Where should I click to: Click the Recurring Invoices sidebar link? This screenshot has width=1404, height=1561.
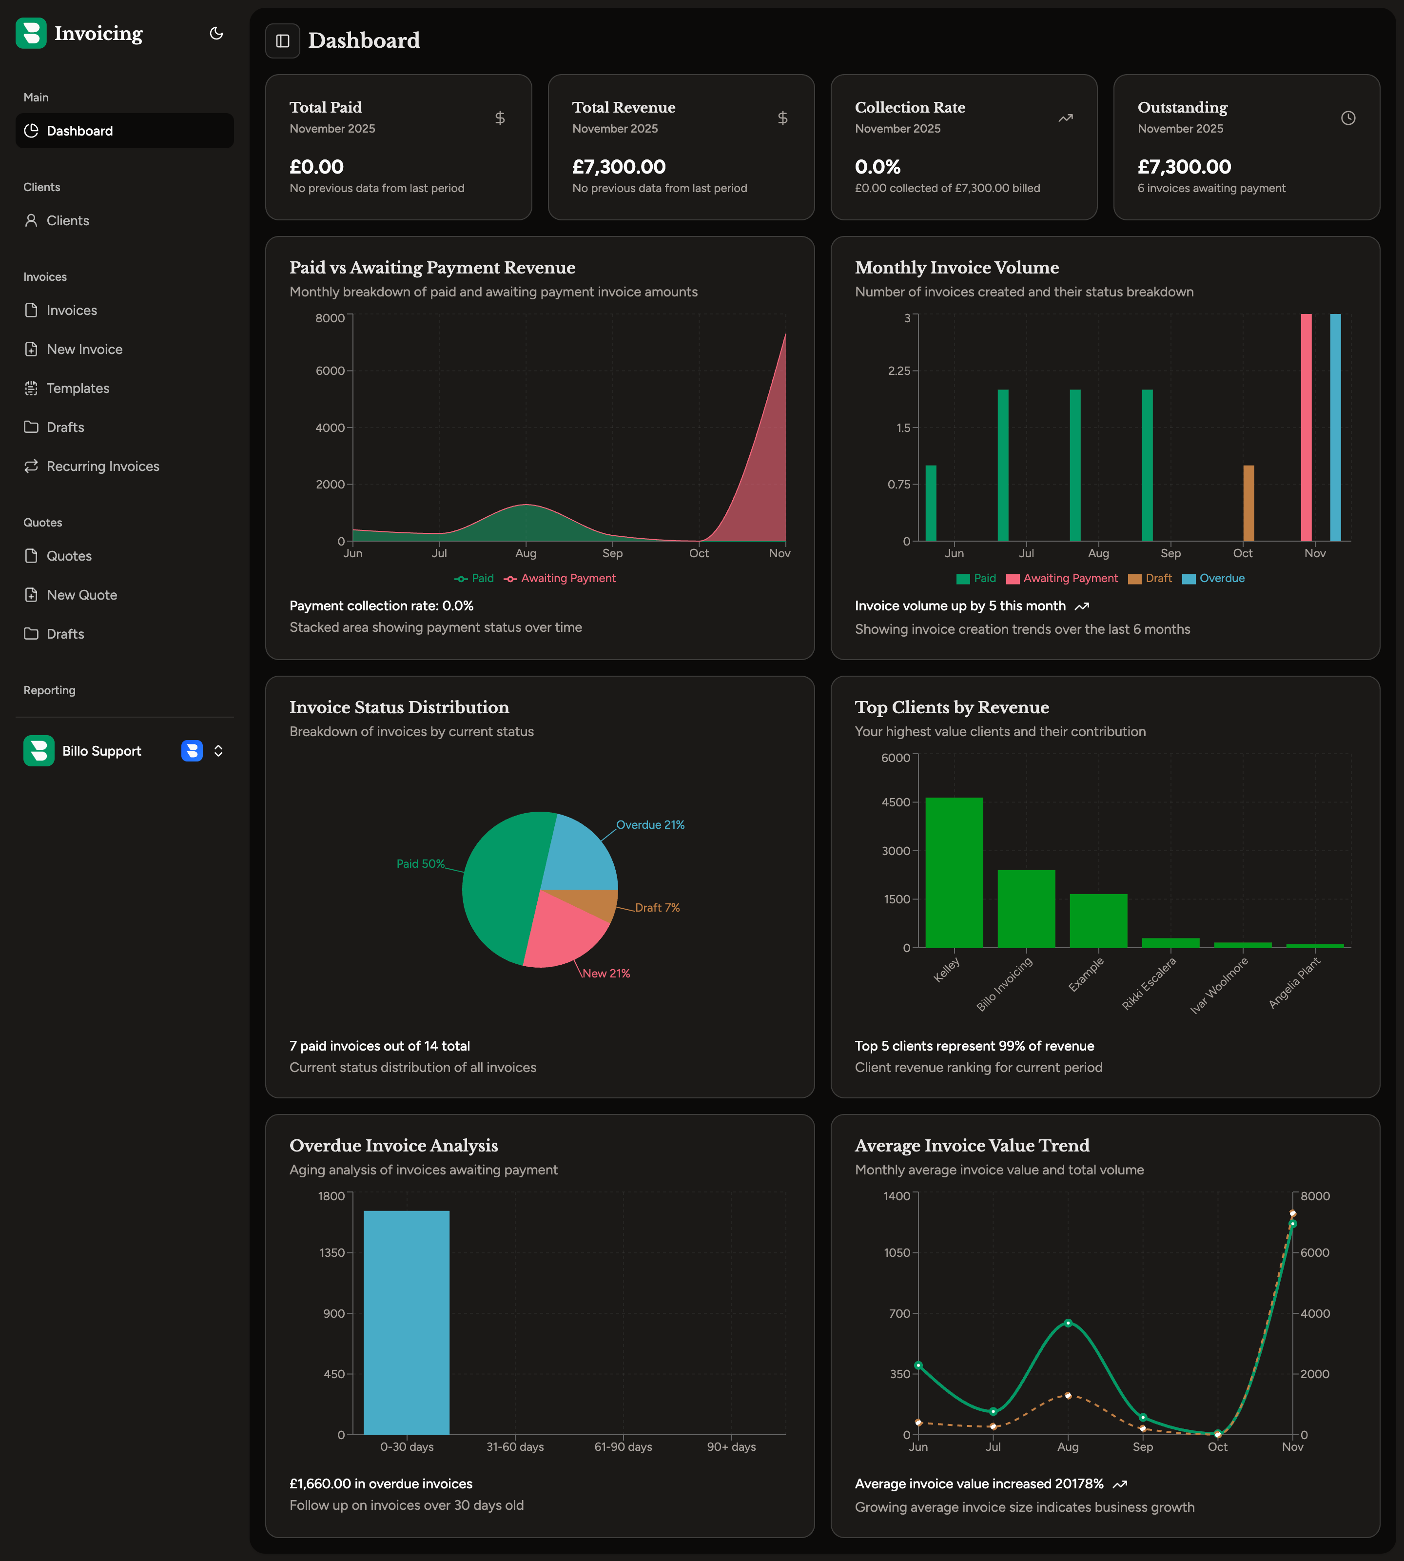tap(102, 466)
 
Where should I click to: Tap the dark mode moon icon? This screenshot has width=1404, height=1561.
tap(216, 33)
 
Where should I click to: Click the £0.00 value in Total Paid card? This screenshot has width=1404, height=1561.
tap(316, 167)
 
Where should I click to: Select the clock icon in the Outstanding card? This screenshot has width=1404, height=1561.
tap(1347, 118)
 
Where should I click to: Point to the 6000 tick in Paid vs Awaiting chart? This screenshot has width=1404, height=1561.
tap(330, 371)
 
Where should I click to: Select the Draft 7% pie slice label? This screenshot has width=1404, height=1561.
tap(657, 908)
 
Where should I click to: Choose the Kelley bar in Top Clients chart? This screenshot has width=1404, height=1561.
tap(954, 872)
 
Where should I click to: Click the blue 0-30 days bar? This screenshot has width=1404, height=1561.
tap(407, 1322)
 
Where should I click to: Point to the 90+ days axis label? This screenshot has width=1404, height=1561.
tap(731, 1447)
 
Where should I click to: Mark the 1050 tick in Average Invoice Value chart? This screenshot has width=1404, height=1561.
tap(897, 1252)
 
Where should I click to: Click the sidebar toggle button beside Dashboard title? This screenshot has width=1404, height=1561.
tap(282, 41)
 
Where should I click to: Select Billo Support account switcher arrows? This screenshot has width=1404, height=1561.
tap(218, 750)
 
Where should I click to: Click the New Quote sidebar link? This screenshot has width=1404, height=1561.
tap(82, 595)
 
